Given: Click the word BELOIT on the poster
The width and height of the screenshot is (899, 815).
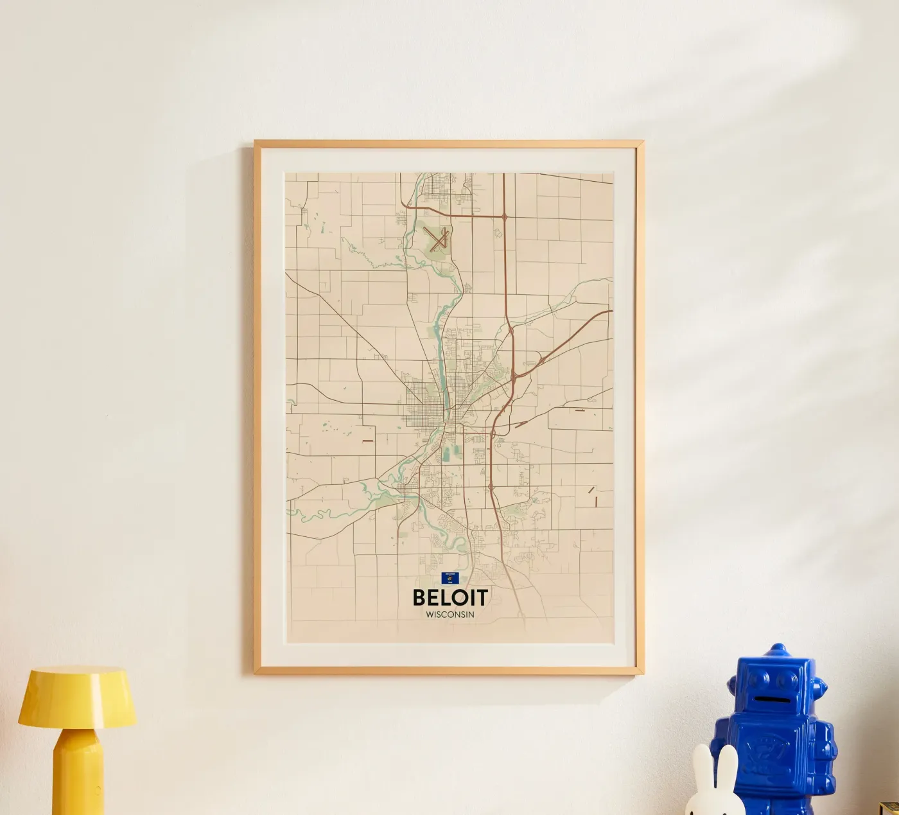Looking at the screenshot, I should tap(450, 597).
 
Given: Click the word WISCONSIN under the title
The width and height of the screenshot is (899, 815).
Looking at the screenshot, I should tap(450, 615).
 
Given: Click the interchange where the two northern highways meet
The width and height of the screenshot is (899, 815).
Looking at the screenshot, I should tap(505, 217).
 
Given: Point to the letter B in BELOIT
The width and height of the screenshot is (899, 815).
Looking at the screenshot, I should tap(420, 597).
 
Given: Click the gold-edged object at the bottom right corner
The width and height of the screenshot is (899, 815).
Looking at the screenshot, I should tap(890, 807).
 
